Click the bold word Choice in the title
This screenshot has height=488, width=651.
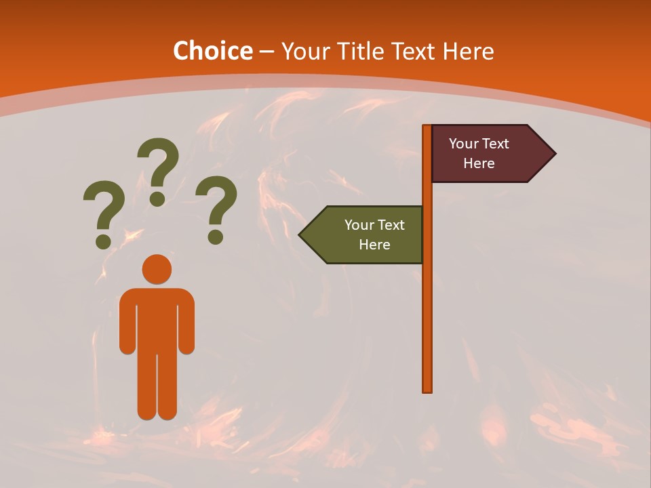[x=212, y=51]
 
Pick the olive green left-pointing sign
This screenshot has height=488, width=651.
[x=366, y=235]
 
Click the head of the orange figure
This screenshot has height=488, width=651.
[x=157, y=269]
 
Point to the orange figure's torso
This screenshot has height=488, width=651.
[x=157, y=319]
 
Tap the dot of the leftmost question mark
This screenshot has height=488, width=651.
[x=104, y=241]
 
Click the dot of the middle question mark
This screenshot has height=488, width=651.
[x=157, y=198]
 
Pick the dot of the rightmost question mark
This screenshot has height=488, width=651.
[x=216, y=237]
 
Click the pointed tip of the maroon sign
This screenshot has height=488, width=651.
[x=553, y=154]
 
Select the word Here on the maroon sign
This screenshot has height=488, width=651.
[x=479, y=163]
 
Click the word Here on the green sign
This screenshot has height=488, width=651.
[x=374, y=245]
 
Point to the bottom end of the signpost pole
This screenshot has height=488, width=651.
[x=427, y=389]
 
